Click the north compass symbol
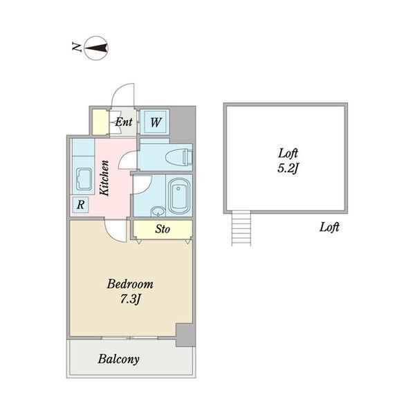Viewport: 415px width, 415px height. click(x=96, y=48)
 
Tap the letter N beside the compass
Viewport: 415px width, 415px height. click(x=77, y=47)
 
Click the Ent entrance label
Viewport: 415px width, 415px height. click(x=124, y=122)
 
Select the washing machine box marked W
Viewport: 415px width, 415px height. click(x=155, y=122)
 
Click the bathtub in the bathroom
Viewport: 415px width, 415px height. click(x=179, y=196)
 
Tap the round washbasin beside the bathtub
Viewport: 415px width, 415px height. click(x=158, y=212)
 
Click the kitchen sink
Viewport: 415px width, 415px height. click(x=84, y=179)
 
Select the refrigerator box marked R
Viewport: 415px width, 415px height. click(x=80, y=205)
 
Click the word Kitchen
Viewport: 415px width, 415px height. click(x=104, y=178)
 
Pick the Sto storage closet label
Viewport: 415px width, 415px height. click(x=163, y=229)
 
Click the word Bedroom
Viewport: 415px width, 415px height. click(x=130, y=284)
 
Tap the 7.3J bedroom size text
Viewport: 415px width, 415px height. click(x=130, y=299)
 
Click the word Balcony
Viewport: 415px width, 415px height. click(x=118, y=359)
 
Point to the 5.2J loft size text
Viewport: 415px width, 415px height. click(x=288, y=168)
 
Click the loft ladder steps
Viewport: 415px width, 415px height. click(x=241, y=228)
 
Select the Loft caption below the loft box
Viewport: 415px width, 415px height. click(x=329, y=227)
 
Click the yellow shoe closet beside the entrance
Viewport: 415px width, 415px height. click(x=99, y=122)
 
